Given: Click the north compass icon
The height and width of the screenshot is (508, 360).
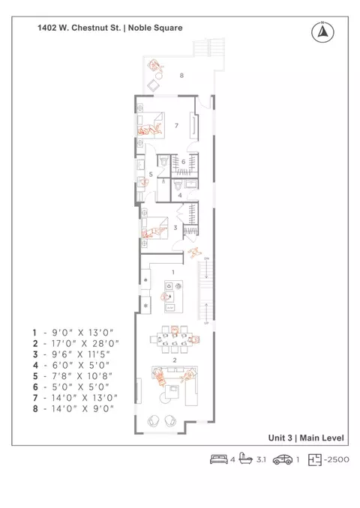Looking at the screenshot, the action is (322, 31).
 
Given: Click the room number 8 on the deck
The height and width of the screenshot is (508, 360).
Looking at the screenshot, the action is (181, 76).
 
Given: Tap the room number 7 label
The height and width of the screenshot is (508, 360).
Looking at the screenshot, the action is (176, 125).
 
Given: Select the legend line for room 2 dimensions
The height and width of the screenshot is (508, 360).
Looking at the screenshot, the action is (76, 343).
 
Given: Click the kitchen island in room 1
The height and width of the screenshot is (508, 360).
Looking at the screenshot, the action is (173, 297).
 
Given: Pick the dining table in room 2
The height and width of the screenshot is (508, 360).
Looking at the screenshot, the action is (171, 339).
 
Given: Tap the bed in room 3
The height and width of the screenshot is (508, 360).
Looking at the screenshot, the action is (154, 228).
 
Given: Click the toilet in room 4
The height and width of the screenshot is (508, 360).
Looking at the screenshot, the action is (178, 186).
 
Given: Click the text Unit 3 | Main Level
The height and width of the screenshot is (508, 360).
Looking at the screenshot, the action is (306, 438).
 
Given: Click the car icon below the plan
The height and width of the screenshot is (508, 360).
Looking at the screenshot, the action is (283, 459).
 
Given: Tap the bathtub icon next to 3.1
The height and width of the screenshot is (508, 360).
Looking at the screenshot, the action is (246, 459).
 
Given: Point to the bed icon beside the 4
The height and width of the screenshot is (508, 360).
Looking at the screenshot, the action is (219, 459).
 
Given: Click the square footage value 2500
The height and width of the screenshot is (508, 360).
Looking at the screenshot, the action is (338, 460).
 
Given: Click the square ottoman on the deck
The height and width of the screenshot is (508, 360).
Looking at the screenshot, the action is (153, 86).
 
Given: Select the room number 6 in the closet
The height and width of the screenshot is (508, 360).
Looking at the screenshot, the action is (183, 162).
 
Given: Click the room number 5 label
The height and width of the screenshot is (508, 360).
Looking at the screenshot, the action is (151, 175).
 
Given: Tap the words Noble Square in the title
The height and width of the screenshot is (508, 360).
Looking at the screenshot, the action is (155, 28).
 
